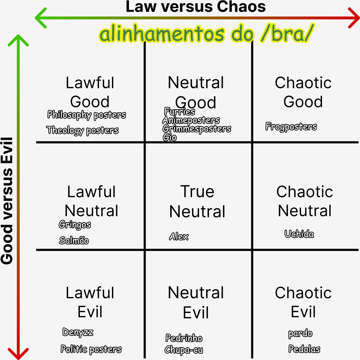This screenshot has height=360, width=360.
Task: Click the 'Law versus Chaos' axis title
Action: pos(195,7)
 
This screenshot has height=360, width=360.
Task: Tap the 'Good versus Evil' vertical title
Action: pos(7,201)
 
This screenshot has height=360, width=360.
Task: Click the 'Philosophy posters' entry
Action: pos(87,115)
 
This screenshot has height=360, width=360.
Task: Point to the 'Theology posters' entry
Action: pos(82,130)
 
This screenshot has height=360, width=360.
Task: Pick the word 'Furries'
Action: pos(180,111)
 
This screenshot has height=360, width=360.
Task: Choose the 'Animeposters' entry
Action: pos(191,120)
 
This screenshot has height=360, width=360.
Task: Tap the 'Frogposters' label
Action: pos(291,127)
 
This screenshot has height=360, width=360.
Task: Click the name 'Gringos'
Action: pos(75,225)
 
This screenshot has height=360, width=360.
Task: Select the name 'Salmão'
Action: pos(74,240)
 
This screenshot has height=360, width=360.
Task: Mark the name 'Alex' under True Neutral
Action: pos(179,236)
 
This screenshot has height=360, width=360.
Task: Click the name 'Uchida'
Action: pos(299,234)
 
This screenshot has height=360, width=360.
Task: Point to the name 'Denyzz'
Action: pos(78,332)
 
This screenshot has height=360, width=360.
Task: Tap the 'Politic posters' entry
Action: pos(91,349)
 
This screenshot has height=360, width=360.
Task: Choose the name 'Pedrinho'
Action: pos(184,338)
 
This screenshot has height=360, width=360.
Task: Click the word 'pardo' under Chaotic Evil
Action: pos(300,334)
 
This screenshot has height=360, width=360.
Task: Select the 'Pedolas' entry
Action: pos(304,349)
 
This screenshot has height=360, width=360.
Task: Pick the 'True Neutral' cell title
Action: pos(197,202)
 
